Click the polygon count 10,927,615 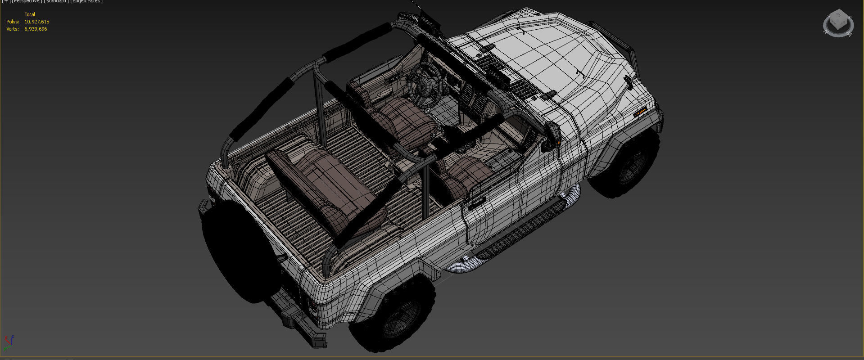click(x=36, y=22)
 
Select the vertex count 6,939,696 click(x=36, y=29)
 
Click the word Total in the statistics click(x=30, y=14)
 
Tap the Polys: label click(x=13, y=22)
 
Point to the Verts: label click(x=13, y=29)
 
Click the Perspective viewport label click(x=27, y=1)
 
